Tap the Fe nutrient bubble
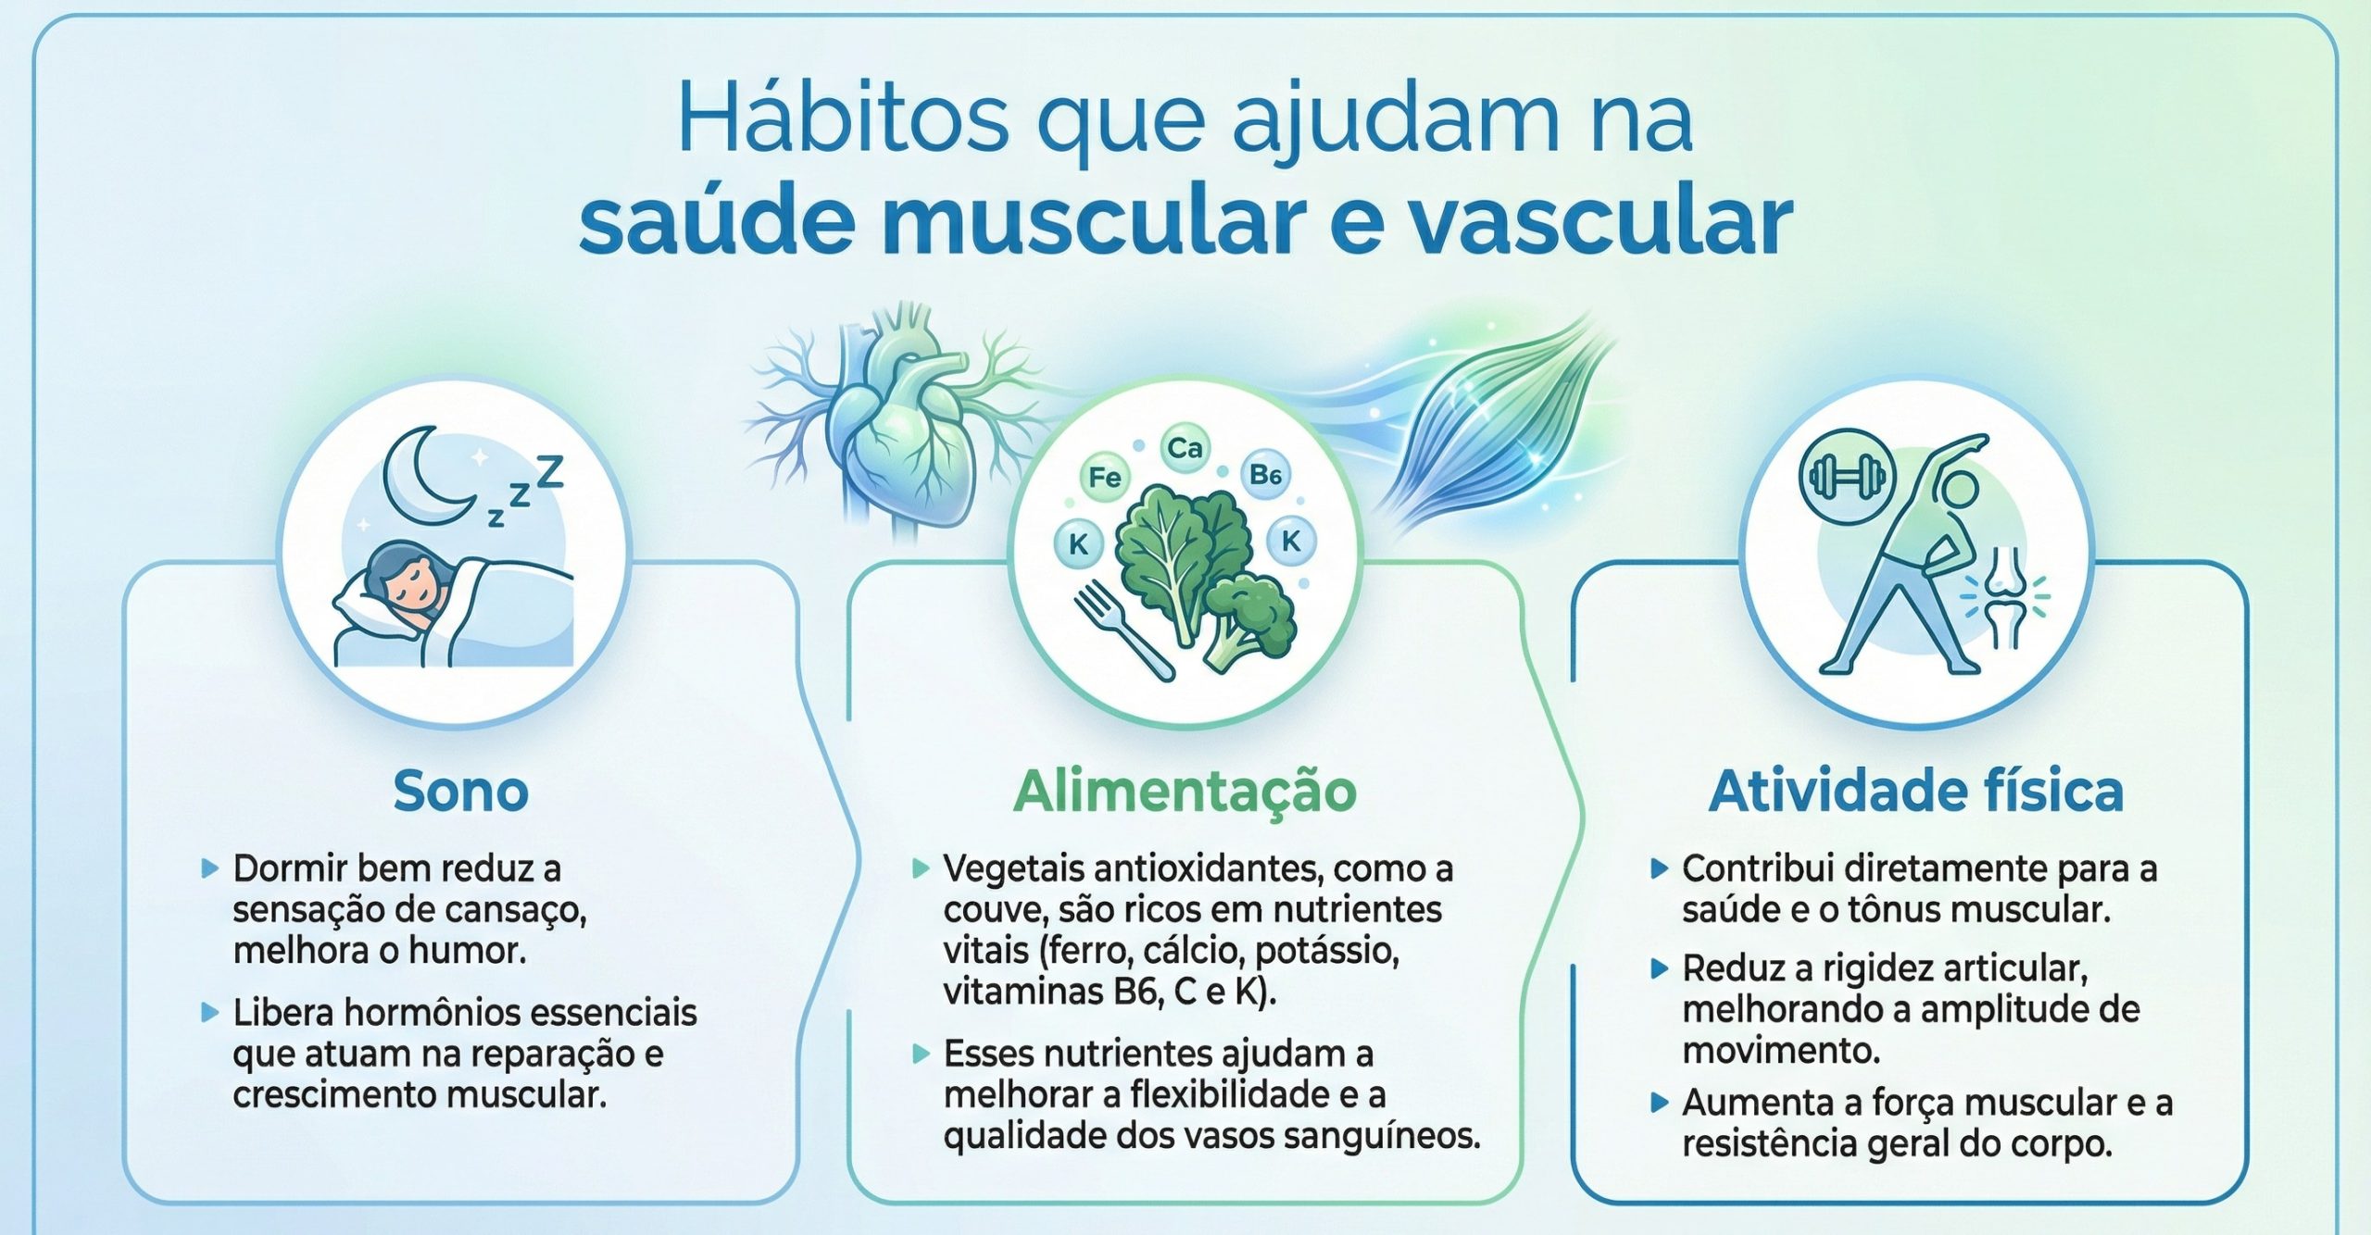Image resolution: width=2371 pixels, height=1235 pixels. [x=1104, y=478]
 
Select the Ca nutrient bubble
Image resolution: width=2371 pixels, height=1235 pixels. [x=1185, y=449]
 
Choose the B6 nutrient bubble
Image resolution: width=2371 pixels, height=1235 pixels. [x=1265, y=476]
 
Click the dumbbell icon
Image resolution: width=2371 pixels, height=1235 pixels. [x=1847, y=478]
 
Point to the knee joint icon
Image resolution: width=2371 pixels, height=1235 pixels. [x=2005, y=597]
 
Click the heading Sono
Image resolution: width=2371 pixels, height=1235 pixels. [x=460, y=792]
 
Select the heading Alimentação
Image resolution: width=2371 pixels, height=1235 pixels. [x=1185, y=792]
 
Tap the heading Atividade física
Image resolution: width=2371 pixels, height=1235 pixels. [x=1915, y=792]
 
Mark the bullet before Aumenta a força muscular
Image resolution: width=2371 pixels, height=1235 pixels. [x=1660, y=1103]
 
